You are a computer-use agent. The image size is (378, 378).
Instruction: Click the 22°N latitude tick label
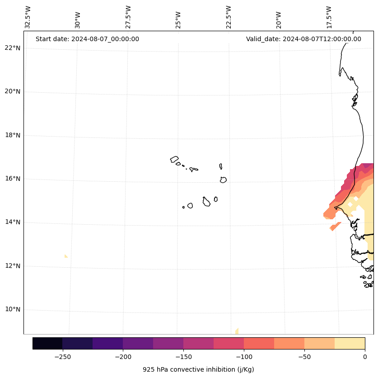(x=13, y=48)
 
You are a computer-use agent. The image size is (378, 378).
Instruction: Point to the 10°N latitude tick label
(x=13, y=309)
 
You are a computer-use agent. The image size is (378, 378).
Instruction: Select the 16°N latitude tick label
(x=13, y=179)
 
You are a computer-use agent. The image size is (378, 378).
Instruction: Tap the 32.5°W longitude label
(x=28, y=17)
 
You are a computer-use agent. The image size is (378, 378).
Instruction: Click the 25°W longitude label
(x=178, y=20)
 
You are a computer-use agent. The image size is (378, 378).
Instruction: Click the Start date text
(x=87, y=39)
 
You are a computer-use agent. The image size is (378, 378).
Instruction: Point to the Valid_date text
(x=303, y=39)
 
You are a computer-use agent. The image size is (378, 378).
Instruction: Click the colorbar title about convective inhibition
(x=198, y=369)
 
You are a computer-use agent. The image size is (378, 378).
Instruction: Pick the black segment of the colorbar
(x=47, y=343)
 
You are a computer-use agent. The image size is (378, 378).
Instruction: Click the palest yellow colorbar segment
(x=350, y=343)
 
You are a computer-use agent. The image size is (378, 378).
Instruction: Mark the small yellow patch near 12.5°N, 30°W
(x=66, y=256)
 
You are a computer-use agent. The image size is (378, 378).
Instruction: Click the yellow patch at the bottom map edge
(x=237, y=331)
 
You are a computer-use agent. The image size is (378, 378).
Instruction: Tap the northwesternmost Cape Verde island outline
(x=174, y=159)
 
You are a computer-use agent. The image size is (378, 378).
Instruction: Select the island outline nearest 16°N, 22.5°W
(x=223, y=180)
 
